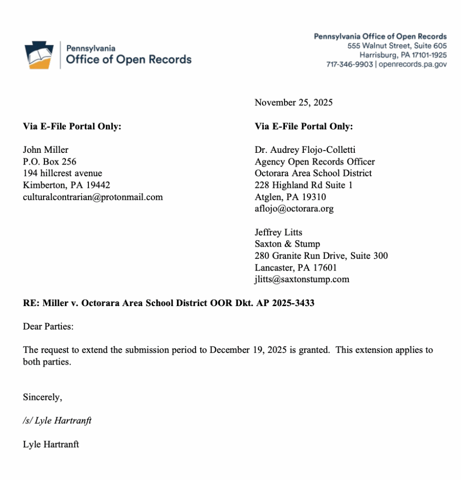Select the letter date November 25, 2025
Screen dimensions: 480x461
pos(293,103)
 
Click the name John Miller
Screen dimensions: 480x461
pos(45,150)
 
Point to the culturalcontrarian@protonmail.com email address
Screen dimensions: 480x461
pos(93,197)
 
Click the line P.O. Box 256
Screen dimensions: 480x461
pos(50,162)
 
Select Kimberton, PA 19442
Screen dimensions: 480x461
pos(66,185)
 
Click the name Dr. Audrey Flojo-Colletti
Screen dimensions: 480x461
pos(305,150)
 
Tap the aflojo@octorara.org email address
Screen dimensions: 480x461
pos(294,209)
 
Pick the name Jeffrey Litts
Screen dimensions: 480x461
pos(278,232)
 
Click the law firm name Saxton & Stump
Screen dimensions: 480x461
pos(287,244)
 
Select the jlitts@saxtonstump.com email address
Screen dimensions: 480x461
pos(302,280)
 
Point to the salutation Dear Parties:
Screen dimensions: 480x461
pos(48,327)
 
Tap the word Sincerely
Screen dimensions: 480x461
pos(42,397)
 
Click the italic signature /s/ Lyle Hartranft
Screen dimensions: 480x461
pos(57,421)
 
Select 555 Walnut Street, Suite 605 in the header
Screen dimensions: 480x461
pos(397,46)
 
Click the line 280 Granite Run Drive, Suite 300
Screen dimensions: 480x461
pos(321,256)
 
